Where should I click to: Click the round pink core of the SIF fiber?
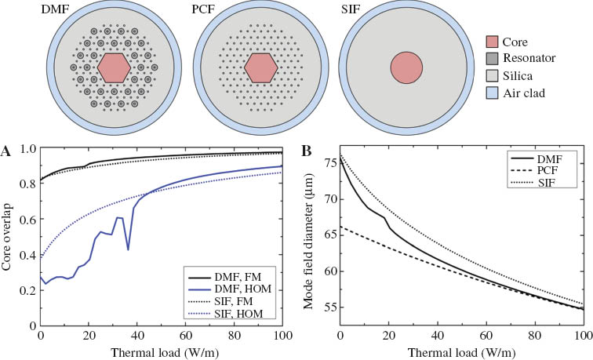(x=407, y=68)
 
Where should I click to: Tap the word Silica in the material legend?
(x=533, y=76)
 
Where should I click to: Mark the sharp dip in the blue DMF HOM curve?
(x=129, y=249)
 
